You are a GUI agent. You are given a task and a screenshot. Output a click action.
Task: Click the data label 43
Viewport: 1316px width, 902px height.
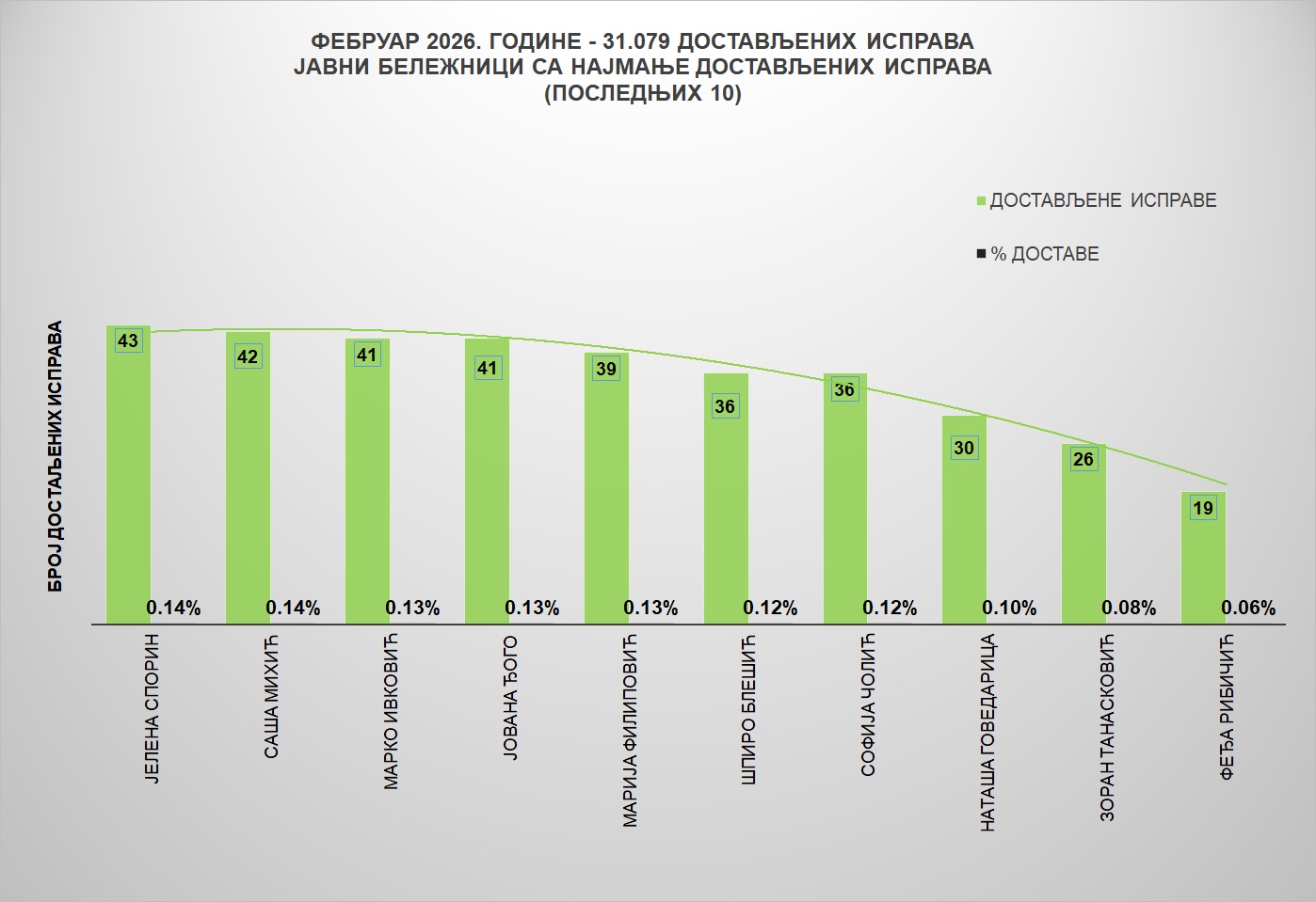(128, 340)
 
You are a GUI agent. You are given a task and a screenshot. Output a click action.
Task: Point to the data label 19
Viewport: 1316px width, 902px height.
(1203, 508)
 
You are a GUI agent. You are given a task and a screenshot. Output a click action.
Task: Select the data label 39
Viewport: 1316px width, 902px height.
(606, 369)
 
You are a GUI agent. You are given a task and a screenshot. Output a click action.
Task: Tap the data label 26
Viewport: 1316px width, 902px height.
(1083, 459)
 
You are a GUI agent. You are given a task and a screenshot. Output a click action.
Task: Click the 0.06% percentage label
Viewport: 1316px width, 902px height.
(1248, 609)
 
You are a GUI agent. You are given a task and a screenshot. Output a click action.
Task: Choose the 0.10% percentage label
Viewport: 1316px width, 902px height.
(1009, 609)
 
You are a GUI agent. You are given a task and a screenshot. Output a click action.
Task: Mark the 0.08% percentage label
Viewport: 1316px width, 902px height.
(1129, 609)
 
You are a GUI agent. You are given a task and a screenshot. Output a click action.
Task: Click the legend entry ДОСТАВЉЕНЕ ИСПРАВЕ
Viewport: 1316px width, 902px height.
(1102, 200)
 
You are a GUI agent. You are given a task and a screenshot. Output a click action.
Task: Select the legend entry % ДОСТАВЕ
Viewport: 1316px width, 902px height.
(1044, 254)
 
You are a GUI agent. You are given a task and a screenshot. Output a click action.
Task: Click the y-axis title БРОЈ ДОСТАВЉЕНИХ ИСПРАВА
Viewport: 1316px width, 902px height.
(56, 457)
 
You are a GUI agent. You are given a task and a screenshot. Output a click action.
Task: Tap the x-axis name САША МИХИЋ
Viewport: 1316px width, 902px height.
(271, 696)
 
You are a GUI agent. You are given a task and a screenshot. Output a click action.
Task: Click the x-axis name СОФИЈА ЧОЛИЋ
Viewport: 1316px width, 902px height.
(868, 705)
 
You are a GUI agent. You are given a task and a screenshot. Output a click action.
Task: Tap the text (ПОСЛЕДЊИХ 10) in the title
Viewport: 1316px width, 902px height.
(643, 93)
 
